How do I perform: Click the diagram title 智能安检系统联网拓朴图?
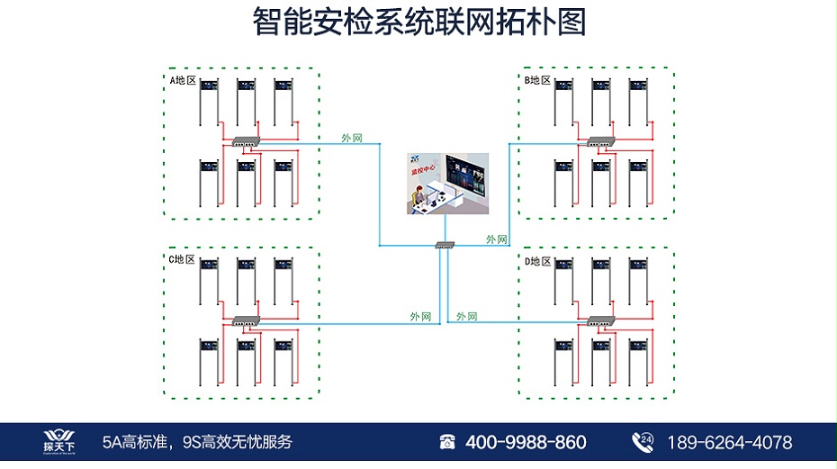[x=419, y=23]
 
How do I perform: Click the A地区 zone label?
[x=183, y=80]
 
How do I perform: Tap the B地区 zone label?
[x=537, y=80]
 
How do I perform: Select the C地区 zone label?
[x=182, y=259]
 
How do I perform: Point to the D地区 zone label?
[x=537, y=261]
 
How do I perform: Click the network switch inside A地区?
[x=245, y=140]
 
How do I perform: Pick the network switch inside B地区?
[x=600, y=140]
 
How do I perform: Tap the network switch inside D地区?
[x=600, y=320]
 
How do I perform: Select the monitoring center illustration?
[x=445, y=184]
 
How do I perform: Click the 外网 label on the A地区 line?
[x=352, y=138]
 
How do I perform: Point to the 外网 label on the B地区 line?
[x=497, y=239]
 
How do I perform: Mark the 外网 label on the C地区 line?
[x=420, y=317]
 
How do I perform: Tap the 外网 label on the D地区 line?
[x=466, y=317]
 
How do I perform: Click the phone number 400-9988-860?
[x=526, y=442]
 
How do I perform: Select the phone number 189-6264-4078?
[x=729, y=442]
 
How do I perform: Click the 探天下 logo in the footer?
[x=61, y=441]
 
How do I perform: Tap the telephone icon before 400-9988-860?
[x=447, y=442]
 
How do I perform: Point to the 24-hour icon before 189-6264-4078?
[x=643, y=441]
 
